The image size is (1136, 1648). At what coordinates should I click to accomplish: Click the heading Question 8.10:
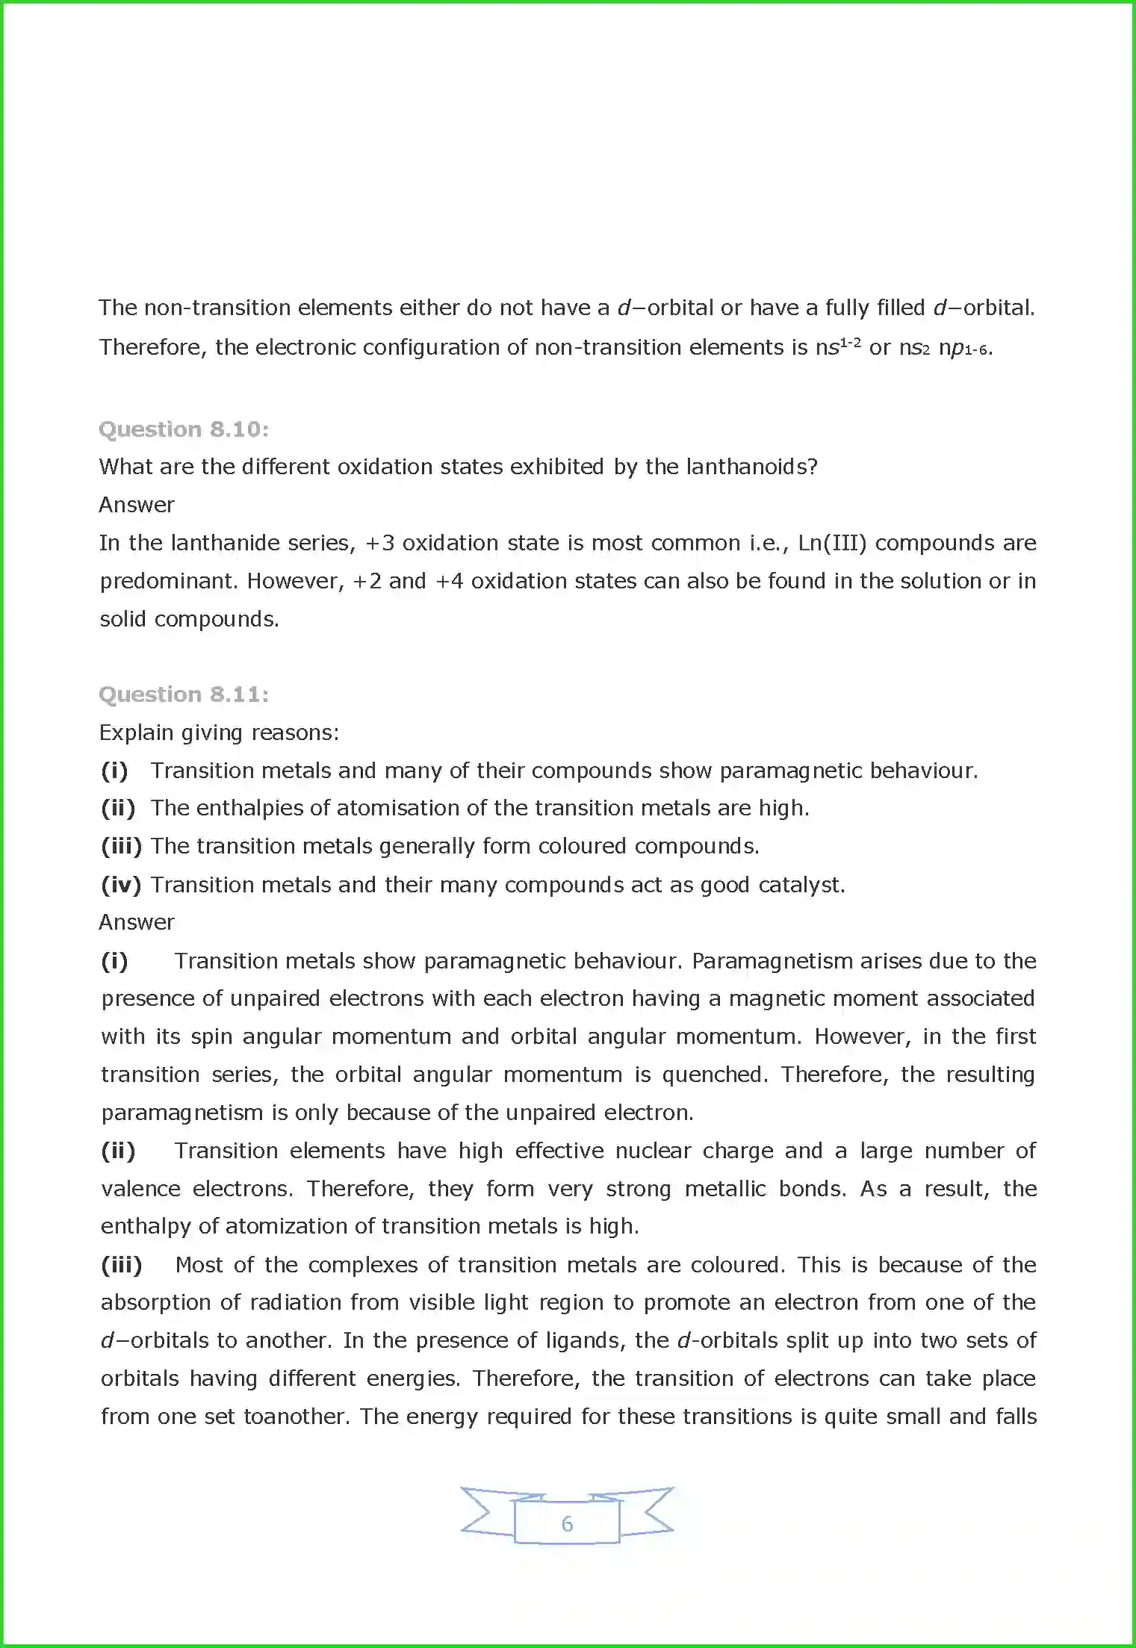pos(184,429)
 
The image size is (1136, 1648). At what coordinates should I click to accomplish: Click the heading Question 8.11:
pos(184,694)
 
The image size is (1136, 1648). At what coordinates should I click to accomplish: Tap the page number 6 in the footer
pos(567,1524)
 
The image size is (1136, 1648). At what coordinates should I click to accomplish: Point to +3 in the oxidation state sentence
pos(379,543)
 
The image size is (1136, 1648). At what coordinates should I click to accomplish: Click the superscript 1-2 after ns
pos(851,343)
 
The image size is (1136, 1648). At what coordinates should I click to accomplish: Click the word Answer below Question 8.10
pos(137,505)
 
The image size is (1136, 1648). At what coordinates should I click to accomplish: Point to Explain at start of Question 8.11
pos(136,733)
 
